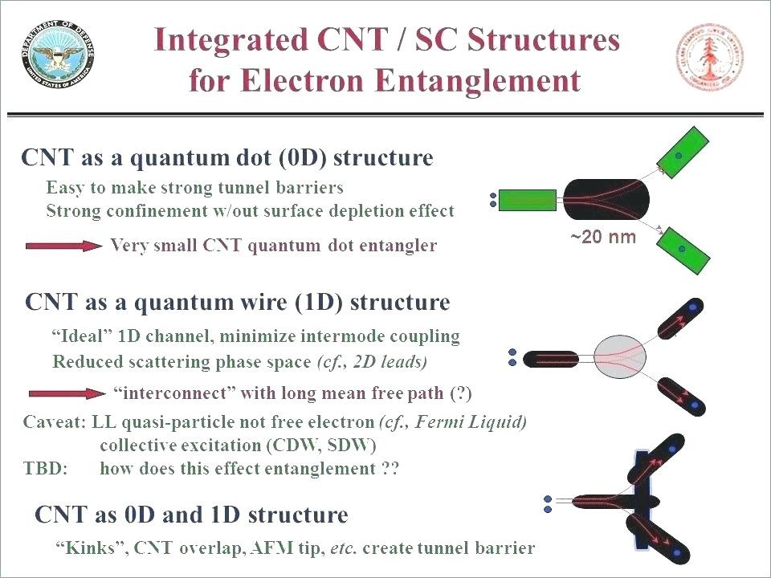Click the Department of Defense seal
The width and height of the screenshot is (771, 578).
58,55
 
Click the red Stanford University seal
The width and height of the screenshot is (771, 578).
711,57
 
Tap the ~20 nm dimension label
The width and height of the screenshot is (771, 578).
603,237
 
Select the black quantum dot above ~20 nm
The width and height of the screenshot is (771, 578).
606,200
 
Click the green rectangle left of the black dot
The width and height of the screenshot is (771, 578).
527,200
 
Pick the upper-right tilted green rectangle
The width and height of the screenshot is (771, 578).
683,153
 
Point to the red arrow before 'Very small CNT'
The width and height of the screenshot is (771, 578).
64,246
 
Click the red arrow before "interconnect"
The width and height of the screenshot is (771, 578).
67,393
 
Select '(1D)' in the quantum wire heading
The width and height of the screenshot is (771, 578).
320,302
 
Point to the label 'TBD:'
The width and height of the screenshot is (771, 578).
45,468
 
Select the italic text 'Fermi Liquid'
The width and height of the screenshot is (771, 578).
469,421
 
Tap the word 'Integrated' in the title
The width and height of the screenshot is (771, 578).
230,39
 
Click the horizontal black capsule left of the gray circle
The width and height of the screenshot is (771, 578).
551,359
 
